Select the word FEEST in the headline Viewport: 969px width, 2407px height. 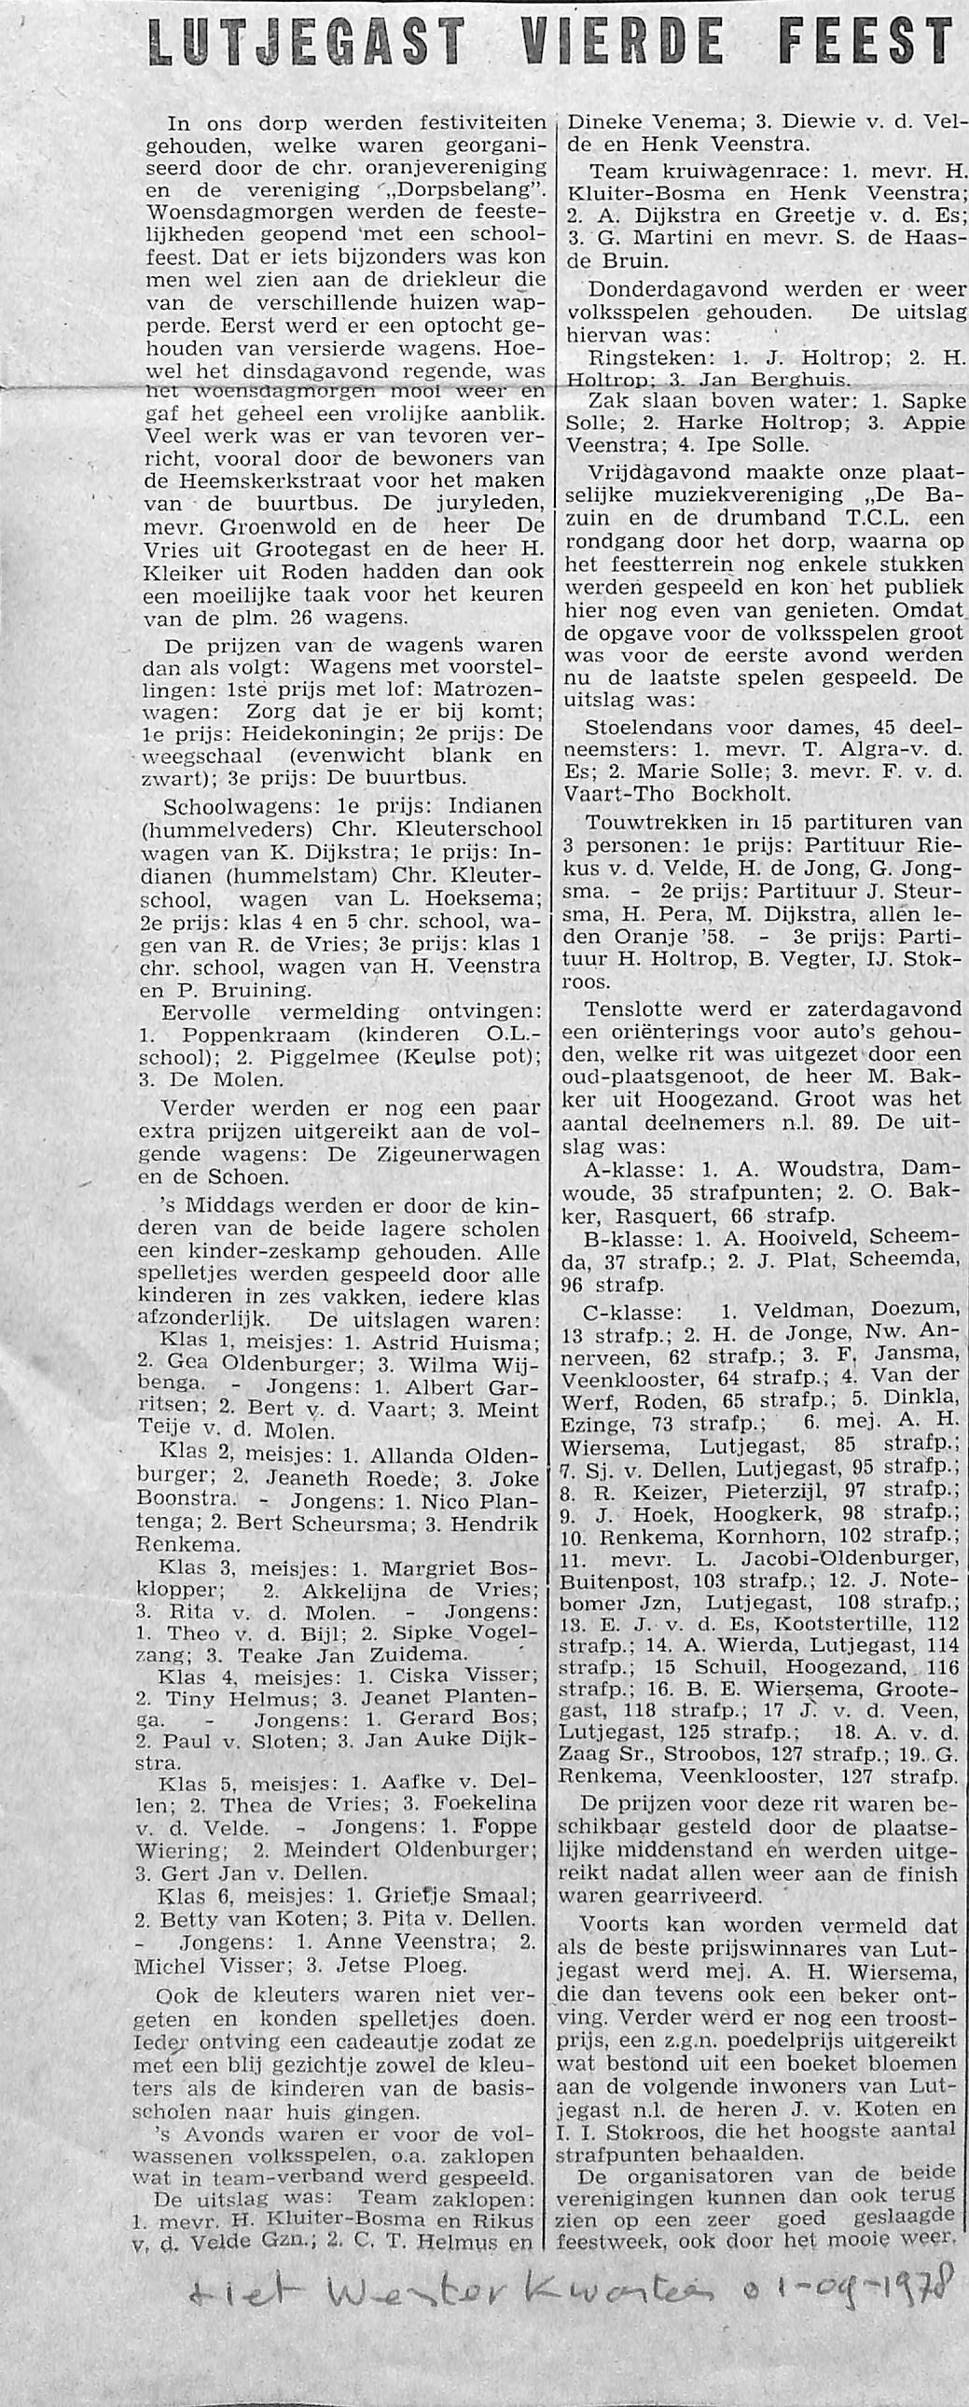pos(873,44)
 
